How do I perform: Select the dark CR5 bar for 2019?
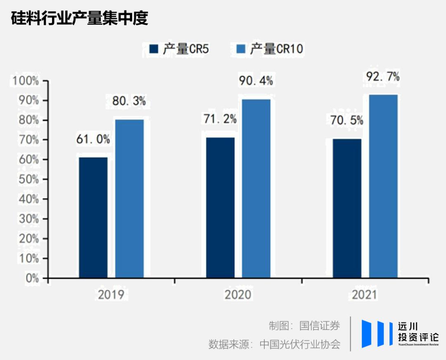(93, 217)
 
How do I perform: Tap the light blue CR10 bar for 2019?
(130, 198)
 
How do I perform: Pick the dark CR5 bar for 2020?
(221, 207)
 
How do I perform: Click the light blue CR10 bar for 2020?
(256, 188)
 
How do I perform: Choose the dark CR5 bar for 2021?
(347, 208)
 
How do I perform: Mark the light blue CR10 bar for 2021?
(383, 186)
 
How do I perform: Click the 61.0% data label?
(93, 140)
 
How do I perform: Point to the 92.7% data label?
(383, 77)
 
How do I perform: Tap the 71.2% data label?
(220, 120)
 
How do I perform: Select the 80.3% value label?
(129, 101)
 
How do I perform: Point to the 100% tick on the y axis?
(26, 81)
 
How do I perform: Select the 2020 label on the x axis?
(238, 295)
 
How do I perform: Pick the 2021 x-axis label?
(365, 295)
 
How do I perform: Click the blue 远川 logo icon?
(377, 334)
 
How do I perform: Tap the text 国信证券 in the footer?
(320, 326)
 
